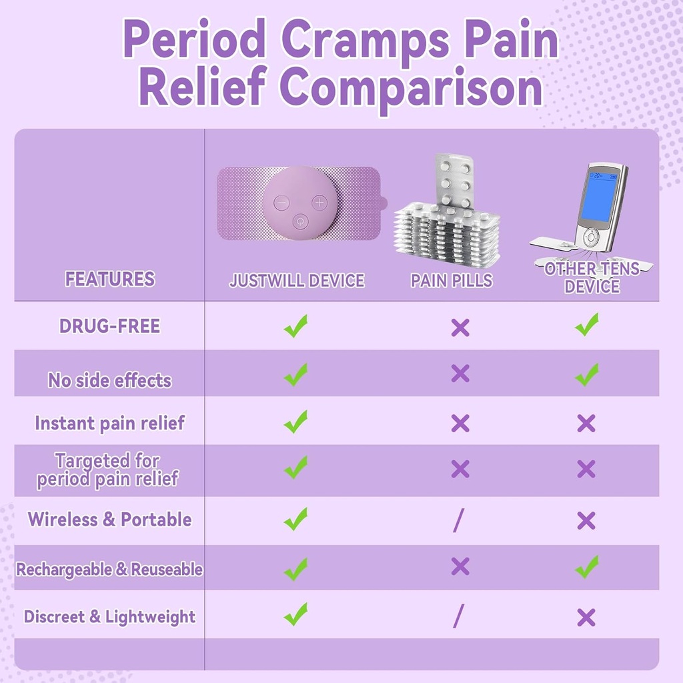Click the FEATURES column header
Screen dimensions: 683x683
coord(109,279)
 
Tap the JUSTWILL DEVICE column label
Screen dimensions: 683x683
coord(297,281)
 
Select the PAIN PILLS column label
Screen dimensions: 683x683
coord(452,281)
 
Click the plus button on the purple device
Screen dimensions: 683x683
coord(320,201)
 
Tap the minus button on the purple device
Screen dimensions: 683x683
coord(281,201)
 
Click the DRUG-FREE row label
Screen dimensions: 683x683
coord(109,326)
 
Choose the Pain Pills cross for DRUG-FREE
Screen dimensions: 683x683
coord(460,327)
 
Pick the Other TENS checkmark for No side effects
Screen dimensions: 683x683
coord(587,375)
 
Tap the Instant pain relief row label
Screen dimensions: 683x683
coord(109,424)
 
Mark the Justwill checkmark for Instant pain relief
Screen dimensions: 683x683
coord(295,422)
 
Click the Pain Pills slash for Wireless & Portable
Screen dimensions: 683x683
coord(458,521)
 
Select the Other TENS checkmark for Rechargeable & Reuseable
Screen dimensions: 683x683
coord(587,568)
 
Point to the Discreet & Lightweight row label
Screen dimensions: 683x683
coord(109,617)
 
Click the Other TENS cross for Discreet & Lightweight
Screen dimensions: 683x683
coord(586,618)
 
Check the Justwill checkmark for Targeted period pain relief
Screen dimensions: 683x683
coord(295,468)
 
